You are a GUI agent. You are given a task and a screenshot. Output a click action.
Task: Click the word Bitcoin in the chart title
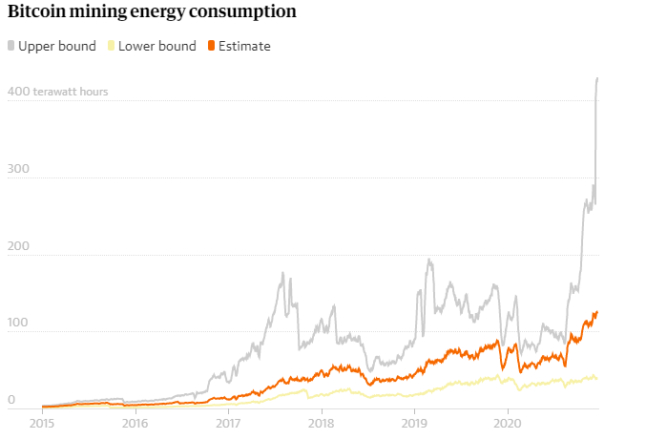point(36,13)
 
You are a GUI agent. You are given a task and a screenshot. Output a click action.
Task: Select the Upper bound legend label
point(57,46)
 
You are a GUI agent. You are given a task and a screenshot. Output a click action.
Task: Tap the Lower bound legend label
point(157,46)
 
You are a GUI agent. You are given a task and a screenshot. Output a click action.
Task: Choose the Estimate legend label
point(245,46)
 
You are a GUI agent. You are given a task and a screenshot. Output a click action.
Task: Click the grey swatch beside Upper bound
point(11,46)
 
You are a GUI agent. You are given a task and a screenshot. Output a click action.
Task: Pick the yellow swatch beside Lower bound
point(111,46)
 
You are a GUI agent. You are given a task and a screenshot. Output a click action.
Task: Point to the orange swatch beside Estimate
point(212,46)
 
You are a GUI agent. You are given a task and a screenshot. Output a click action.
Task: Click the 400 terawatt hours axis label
point(57,93)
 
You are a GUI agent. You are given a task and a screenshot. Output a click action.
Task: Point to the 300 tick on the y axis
point(17,169)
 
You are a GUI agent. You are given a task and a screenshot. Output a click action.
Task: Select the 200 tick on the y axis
point(17,246)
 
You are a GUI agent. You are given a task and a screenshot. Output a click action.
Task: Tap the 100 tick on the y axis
point(17,324)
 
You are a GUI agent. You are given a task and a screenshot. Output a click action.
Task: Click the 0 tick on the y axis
point(12,401)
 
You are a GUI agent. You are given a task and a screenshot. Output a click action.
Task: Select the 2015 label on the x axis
point(42,421)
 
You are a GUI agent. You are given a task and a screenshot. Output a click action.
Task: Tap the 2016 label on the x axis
point(135,421)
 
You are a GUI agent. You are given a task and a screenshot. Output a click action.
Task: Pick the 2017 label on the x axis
point(228,421)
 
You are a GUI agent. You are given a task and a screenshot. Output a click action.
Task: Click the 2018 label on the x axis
point(322,421)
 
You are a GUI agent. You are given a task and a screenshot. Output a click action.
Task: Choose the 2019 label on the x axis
point(414,421)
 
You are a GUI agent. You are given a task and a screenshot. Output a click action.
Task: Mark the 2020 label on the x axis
point(508,421)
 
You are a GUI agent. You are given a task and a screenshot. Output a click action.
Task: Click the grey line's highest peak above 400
point(597,78)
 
